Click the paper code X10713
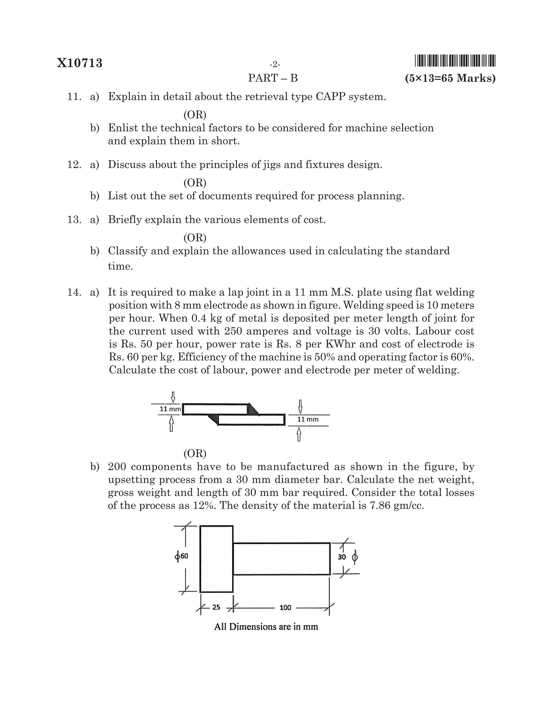pyautogui.click(x=79, y=63)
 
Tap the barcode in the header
pyautogui.click(x=455, y=61)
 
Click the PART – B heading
pyautogui.click(x=273, y=78)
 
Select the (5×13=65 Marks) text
pyautogui.click(x=450, y=78)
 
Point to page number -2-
pyautogui.click(x=275, y=64)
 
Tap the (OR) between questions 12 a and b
pyautogui.click(x=195, y=182)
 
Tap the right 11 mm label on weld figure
pyautogui.click(x=307, y=420)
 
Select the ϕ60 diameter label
pyautogui.click(x=182, y=556)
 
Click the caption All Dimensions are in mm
pyautogui.click(x=266, y=627)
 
